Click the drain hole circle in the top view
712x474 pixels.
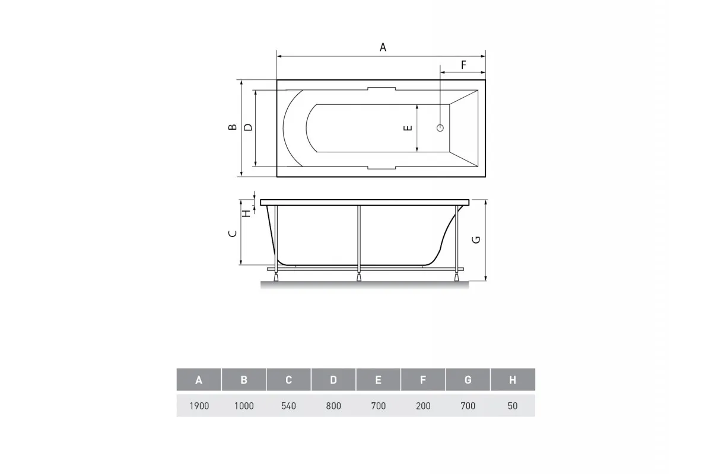(x=440, y=128)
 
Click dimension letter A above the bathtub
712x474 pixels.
(x=383, y=47)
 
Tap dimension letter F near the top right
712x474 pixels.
(x=464, y=65)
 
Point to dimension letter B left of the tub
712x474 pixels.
(x=233, y=127)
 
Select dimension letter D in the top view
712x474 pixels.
(x=248, y=127)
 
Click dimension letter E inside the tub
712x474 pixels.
(x=408, y=128)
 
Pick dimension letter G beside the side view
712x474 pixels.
(x=476, y=240)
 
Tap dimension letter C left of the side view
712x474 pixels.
(x=233, y=233)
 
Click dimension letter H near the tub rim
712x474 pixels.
(x=247, y=214)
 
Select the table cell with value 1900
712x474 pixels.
(x=199, y=406)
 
